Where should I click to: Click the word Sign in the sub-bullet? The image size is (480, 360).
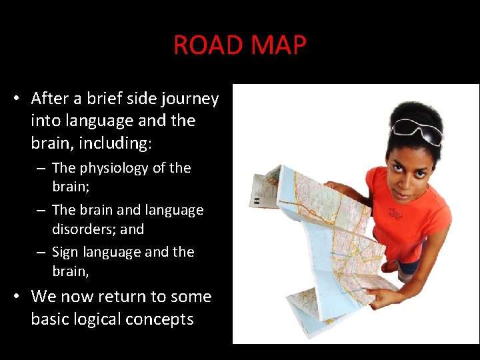(65, 253)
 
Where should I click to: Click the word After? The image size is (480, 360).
(50, 99)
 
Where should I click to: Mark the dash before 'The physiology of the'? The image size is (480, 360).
(41, 169)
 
